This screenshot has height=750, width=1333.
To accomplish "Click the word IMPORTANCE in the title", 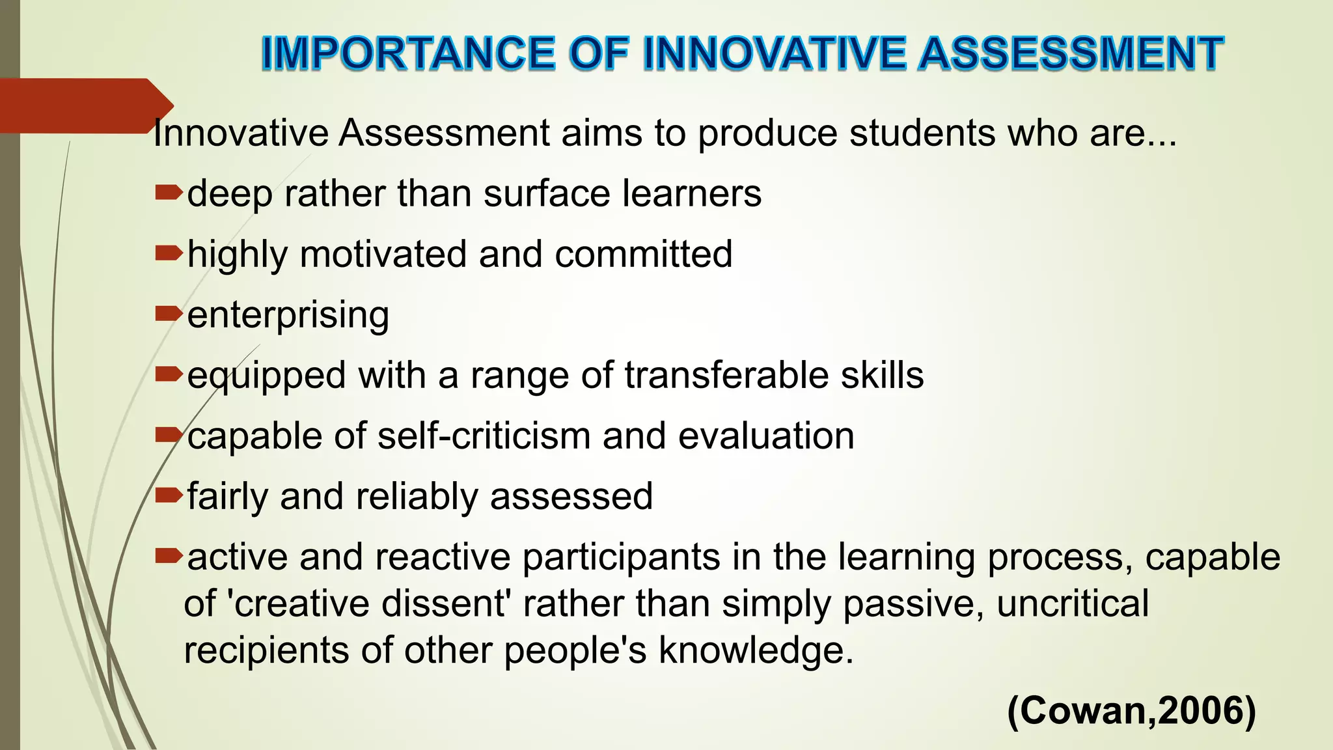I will pos(408,53).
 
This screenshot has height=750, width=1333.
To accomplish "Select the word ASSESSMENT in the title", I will pos(1071,53).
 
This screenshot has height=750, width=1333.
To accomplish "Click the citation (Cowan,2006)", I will pos(1131,710).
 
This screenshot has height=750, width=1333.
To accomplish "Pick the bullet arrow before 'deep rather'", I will pos(169,193).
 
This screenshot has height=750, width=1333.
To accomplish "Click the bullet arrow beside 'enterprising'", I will pos(169,314).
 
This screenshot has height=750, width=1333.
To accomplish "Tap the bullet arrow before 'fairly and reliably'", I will pos(169,495).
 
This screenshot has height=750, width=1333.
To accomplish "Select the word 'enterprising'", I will pos(288,315).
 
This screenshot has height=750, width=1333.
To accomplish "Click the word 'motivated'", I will pos(383,254).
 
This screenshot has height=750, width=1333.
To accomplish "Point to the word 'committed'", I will pos(644,254).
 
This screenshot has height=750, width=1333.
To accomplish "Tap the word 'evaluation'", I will pos(766,436).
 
